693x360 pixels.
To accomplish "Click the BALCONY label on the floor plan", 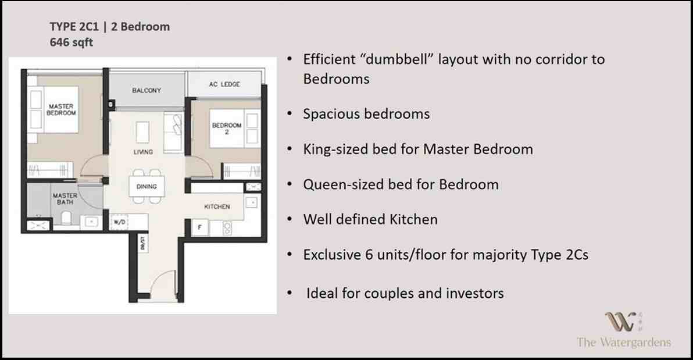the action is (x=147, y=90).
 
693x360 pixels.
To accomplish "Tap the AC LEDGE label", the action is (x=224, y=84).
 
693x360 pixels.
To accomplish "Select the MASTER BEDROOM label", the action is (x=62, y=110).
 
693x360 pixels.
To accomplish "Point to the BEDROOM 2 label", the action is (x=227, y=129).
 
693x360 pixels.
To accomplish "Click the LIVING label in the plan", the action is (x=143, y=152).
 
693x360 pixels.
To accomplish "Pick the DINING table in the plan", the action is (x=147, y=186).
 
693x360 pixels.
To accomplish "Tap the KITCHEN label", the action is (x=217, y=206).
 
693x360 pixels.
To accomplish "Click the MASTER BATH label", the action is (x=65, y=198).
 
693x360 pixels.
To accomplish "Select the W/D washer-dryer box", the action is (x=119, y=222).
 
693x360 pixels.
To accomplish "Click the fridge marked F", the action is (x=200, y=227).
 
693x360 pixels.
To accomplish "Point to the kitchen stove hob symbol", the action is (x=227, y=228).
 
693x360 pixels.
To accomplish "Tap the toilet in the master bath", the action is (x=66, y=218).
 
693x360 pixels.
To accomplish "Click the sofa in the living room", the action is (x=174, y=132).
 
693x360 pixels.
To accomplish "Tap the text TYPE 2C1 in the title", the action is (x=74, y=27).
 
